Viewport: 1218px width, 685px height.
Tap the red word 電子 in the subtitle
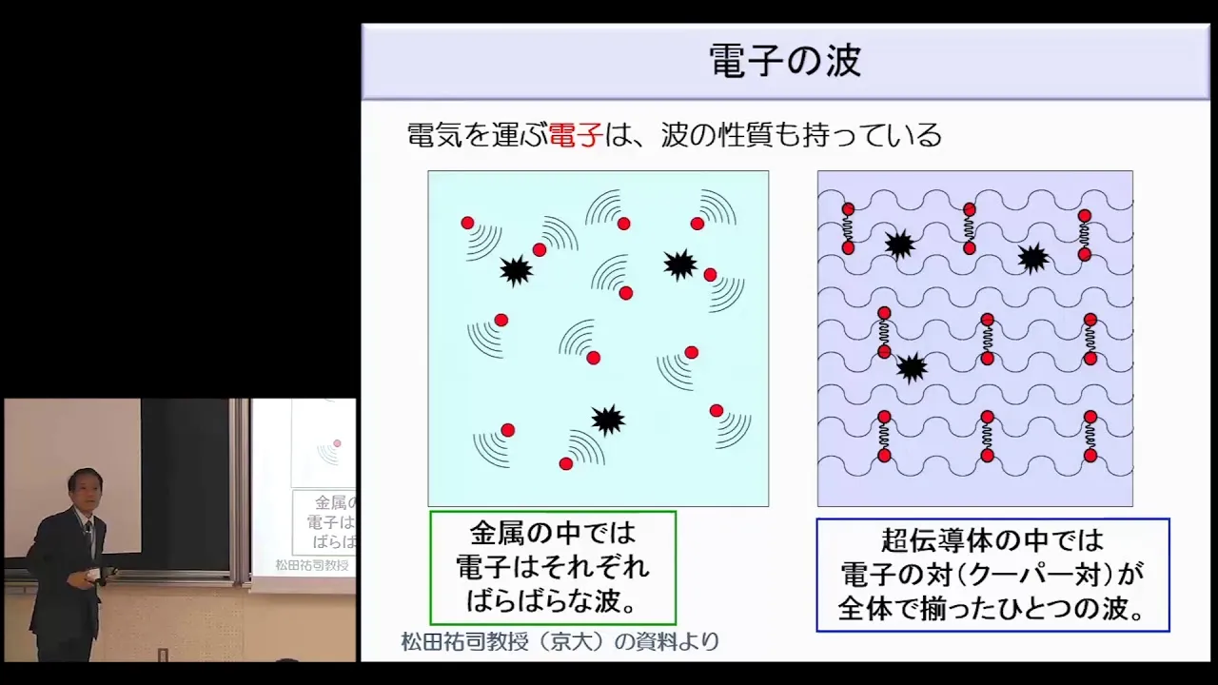tap(576, 135)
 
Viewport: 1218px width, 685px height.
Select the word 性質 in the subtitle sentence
tap(745, 135)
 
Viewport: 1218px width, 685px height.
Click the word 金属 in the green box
tap(497, 533)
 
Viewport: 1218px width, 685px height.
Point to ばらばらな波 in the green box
tap(552, 600)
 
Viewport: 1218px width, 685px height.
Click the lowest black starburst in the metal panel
tap(608, 421)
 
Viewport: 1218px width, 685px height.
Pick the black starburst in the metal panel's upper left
tap(516, 271)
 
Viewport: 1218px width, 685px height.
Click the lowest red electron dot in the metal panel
tap(566, 463)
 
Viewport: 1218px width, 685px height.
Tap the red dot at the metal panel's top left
tap(467, 223)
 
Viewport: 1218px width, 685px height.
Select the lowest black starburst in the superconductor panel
tap(912, 368)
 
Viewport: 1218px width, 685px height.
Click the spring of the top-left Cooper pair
tap(848, 229)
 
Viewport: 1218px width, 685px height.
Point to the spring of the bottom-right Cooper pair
tap(1090, 437)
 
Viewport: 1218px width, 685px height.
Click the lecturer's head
tap(86, 488)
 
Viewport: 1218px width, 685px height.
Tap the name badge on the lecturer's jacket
tap(96, 573)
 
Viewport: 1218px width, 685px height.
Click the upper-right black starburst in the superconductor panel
tap(1033, 258)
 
